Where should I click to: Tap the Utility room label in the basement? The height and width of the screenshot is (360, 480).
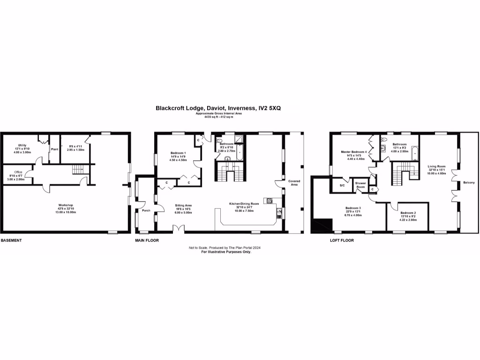click(22, 145)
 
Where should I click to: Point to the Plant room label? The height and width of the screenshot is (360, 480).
click(54, 149)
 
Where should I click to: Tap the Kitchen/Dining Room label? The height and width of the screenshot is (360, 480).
click(244, 204)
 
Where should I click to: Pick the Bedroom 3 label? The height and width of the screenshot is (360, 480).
click(353, 208)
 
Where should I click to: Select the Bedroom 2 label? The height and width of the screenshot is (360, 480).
click(407, 213)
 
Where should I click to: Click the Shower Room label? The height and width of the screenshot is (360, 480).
click(360, 185)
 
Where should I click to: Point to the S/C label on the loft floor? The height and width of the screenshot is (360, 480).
click(342, 186)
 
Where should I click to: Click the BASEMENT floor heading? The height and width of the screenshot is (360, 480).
click(11, 240)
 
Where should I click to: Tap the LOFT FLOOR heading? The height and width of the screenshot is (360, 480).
click(342, 240)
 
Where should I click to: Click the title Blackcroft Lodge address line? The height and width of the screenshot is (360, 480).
click(218, 108)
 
